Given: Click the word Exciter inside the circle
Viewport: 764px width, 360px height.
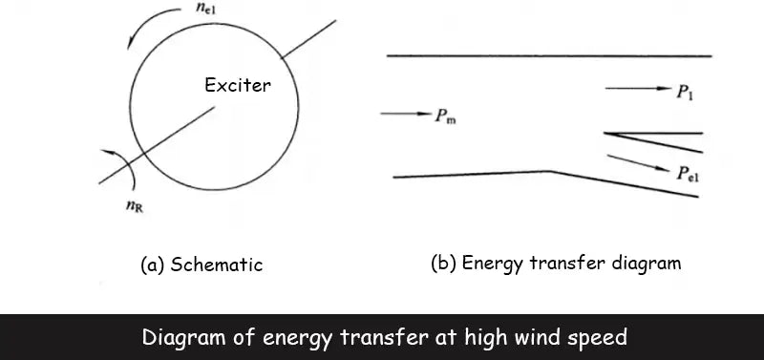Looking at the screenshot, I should pos(238,85).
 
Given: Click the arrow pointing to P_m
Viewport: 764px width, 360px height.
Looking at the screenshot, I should pos(405,115).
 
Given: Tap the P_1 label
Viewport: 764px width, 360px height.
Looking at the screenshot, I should pos(686,91).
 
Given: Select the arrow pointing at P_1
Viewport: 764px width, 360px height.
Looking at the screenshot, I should pos(638,89).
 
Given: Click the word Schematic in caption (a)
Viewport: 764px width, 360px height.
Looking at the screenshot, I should pos(217,265).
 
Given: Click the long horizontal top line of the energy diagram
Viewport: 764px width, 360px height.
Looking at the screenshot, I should pos(549,56).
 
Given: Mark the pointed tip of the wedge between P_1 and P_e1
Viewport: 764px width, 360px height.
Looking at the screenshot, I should pos(607,134).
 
